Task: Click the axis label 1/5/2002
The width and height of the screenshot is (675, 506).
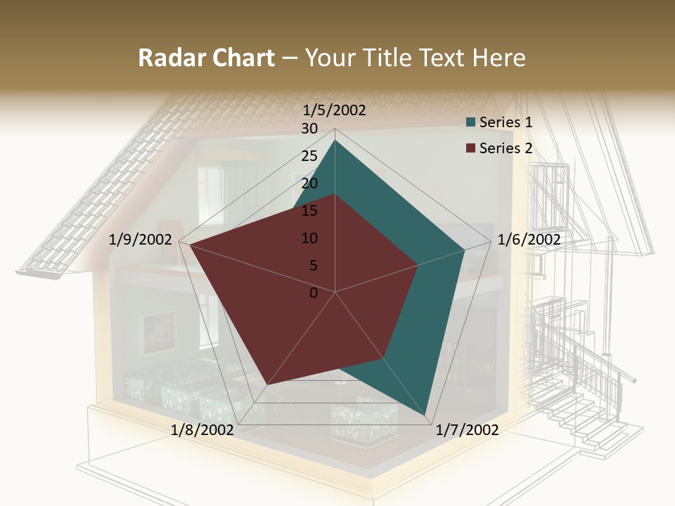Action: pyautogui.click(x=334, y=110)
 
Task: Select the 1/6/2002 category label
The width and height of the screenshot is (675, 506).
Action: pyautogui.click(x=529, y=240)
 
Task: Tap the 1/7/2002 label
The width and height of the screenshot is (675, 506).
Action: pyautogui.click(x=467, y=430)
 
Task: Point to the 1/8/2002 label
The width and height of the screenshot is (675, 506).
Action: pyautogui.click(x=202, y=430)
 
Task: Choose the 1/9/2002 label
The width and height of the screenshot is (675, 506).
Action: pyautogui.click(x=141, y=240)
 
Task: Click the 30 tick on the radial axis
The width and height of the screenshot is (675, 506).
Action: pyautogui.click(x=309, y=129)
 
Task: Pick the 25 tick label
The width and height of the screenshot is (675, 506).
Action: pyautogui.click(x=309, y=156)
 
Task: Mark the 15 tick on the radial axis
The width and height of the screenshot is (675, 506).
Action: pyautogui.click(x=309, y=211)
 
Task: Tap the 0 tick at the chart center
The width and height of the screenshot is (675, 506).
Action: pyautogui.click(x=314, y=293)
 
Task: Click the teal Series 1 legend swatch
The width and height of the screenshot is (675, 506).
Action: pyautogui.click(x=471, y=122)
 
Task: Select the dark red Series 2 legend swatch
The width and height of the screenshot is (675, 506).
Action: pyautogui.click(x=471, y=148)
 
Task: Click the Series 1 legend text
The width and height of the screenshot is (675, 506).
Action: pyautogui.click(x=506, y=122)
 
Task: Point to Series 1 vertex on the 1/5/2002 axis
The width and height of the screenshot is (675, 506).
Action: pyautogui.click(x=335, y=140)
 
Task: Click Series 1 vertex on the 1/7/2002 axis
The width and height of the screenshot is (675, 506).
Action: pyautogui.click(x=427, y=415)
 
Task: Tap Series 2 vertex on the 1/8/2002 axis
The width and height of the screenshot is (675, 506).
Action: pyautogui.click(x=268, y=384)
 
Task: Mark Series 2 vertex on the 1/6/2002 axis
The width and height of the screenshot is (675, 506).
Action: pyautogui.click(x=418, y=265)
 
